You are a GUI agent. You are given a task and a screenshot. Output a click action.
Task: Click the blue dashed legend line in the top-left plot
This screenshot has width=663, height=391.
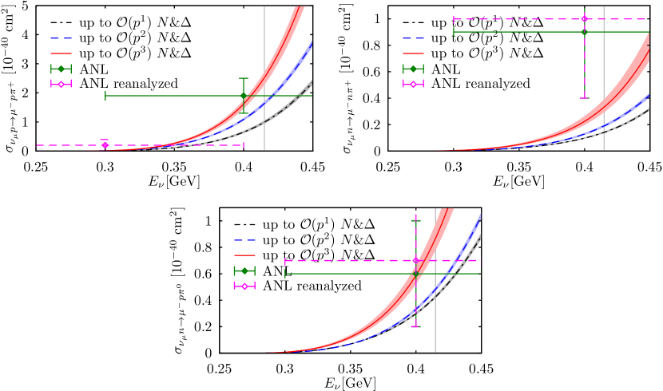pos(61,38)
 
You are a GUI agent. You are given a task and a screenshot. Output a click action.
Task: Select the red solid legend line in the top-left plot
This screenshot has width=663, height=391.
pos(61,53)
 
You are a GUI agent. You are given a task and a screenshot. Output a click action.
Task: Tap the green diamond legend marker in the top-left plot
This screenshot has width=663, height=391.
pos(61,69)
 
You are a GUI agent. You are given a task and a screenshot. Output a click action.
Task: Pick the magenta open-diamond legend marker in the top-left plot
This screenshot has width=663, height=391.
pos(61,84)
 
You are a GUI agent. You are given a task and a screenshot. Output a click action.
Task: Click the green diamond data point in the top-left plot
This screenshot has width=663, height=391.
pos(244,96)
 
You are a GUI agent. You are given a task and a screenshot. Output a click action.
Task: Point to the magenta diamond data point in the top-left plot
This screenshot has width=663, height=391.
pos(105,145)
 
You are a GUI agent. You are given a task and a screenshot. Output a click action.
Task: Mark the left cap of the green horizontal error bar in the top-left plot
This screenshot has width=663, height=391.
pos(105,96)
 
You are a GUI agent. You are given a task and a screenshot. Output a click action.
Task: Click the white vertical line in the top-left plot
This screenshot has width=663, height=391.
pos(264,80)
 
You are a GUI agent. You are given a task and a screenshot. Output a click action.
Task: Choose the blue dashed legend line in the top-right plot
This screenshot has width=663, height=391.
pos(413,38)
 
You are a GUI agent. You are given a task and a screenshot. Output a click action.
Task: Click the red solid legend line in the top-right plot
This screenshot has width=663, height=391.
pos(413,53)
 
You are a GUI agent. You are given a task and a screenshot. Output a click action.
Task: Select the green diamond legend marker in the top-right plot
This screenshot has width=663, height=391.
pos(413,69)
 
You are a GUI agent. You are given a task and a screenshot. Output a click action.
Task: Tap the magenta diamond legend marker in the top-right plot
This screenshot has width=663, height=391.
pos(413,84)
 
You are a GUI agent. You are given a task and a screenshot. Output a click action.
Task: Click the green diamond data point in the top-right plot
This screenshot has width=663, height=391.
pos(585,32)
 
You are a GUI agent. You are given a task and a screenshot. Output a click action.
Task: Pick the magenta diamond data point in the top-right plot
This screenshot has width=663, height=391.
pos(585,18)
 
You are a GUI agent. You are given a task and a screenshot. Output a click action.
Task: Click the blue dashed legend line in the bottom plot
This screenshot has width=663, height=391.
pos(244,240)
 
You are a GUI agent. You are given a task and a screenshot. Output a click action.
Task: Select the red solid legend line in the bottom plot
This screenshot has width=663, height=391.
pos(244,255)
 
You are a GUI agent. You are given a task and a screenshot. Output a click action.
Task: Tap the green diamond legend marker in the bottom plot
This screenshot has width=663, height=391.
pos(244,271)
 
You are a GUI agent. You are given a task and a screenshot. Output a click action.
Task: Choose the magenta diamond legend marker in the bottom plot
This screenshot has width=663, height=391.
pos(244,286)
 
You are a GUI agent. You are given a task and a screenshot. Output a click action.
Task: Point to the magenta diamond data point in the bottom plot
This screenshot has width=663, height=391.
pos(415,261)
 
